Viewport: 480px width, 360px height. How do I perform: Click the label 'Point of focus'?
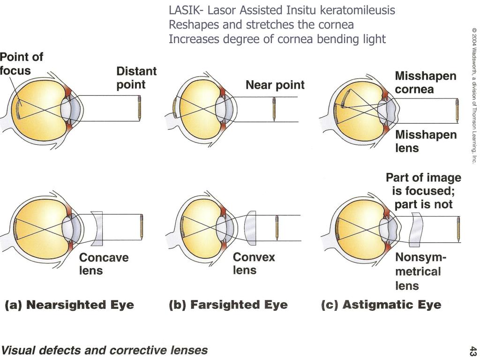22,64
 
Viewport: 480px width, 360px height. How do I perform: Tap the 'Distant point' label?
136,78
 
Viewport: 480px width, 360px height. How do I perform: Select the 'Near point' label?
275,85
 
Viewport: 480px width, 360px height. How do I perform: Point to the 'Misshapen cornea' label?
425,82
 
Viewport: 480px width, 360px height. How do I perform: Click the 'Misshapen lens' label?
425,142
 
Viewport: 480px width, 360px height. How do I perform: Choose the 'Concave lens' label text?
104,264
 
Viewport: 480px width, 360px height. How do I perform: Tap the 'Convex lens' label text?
254,263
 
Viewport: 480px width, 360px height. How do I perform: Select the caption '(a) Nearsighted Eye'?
69,305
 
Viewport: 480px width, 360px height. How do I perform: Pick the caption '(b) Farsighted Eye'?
228,305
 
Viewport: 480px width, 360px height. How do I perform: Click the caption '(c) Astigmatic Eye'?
381,305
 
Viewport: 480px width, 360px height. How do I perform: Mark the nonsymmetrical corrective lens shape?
414,229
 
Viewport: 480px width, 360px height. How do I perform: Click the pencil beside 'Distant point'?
139,108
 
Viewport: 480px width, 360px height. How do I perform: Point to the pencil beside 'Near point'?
274,110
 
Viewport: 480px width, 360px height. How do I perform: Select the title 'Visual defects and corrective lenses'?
104,350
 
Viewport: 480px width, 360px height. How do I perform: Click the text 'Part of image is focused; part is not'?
423,191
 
